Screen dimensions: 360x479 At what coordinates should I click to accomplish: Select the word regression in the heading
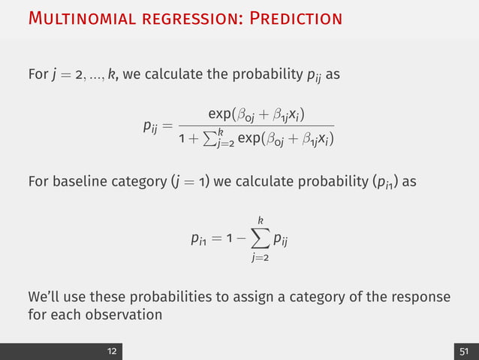click(x=176, y=18)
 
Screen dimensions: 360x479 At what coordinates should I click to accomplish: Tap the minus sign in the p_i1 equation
click(x=242, y=241)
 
